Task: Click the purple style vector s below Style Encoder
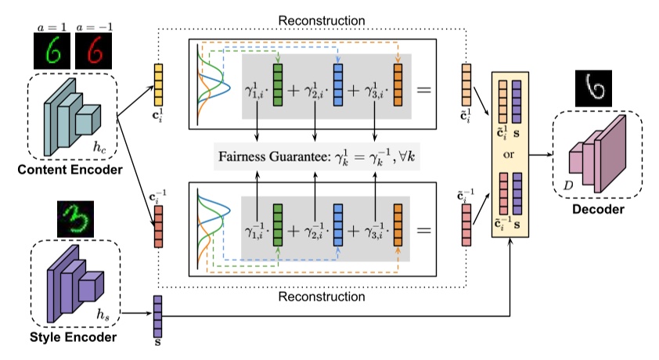click(x=157, y=314)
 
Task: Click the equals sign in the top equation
click(x=426, y=88)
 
